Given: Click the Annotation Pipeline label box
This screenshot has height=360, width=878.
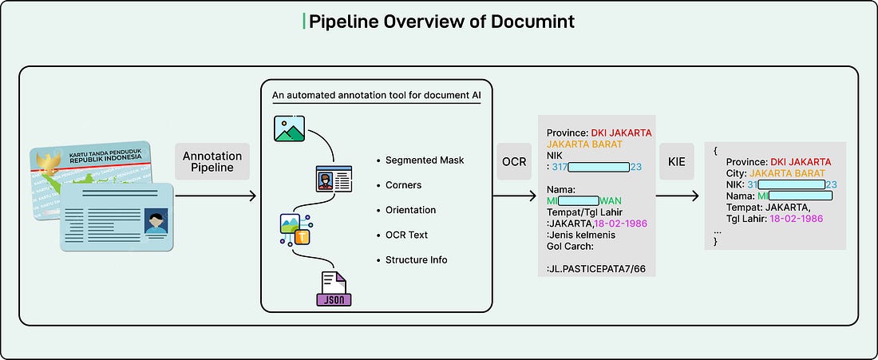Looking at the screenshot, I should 212,162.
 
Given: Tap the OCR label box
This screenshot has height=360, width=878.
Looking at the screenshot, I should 514,161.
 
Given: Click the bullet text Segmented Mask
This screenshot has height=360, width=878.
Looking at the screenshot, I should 425,160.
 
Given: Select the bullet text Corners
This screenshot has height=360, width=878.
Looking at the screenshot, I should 403,185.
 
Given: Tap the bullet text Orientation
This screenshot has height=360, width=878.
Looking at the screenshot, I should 410,210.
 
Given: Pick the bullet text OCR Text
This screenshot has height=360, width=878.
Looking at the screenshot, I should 406,235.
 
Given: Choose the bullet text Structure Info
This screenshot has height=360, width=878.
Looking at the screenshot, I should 417,259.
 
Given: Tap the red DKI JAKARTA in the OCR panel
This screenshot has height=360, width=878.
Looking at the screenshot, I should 622,133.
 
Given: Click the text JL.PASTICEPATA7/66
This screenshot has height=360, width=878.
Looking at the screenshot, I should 595,259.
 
